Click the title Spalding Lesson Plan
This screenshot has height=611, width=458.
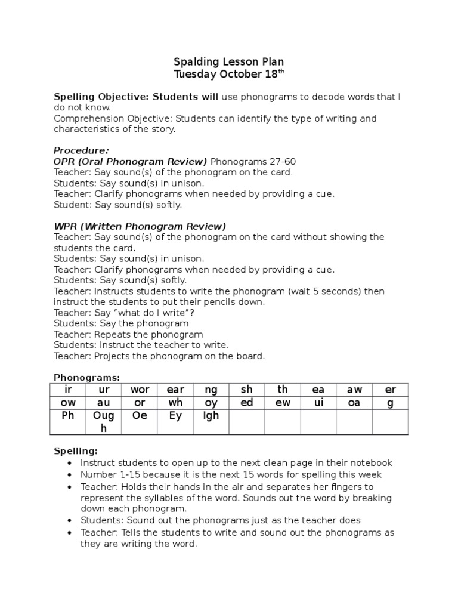tap(228, 62)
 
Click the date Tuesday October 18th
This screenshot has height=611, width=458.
tap(228, 75)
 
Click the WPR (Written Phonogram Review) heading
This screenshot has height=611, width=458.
tap(140, 226)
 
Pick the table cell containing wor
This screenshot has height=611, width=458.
tap(140, 390)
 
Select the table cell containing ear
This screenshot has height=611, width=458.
tap(175, 390)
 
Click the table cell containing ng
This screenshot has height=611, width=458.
tap(211, 390)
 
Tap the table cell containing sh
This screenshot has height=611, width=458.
tap(247, 390)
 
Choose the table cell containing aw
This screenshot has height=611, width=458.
tap(354, 390)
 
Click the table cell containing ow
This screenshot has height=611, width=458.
tap(68, 403)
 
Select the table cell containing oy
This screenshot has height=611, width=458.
tap(211, 403)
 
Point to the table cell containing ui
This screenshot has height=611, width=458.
tap(318, 403)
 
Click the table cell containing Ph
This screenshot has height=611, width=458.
tap(68, 421)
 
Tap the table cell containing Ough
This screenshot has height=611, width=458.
tap(104, 421)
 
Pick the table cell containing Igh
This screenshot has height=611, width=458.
tap(211, 421)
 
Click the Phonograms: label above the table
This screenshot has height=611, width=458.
tap(86, 378)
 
